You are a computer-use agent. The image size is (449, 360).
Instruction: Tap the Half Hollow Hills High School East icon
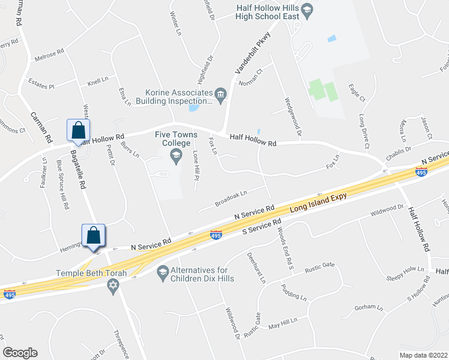(x=307, y=10)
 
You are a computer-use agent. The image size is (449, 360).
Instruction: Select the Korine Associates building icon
(x=220, y=93)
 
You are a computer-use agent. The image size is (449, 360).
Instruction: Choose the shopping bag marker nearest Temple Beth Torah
(x=94, y=235)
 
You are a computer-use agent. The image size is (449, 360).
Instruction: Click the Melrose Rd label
(x=50, y=53)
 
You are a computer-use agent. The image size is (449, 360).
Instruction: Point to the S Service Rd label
(x=261, y=229)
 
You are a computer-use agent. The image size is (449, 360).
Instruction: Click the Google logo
(x=20, y=353)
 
